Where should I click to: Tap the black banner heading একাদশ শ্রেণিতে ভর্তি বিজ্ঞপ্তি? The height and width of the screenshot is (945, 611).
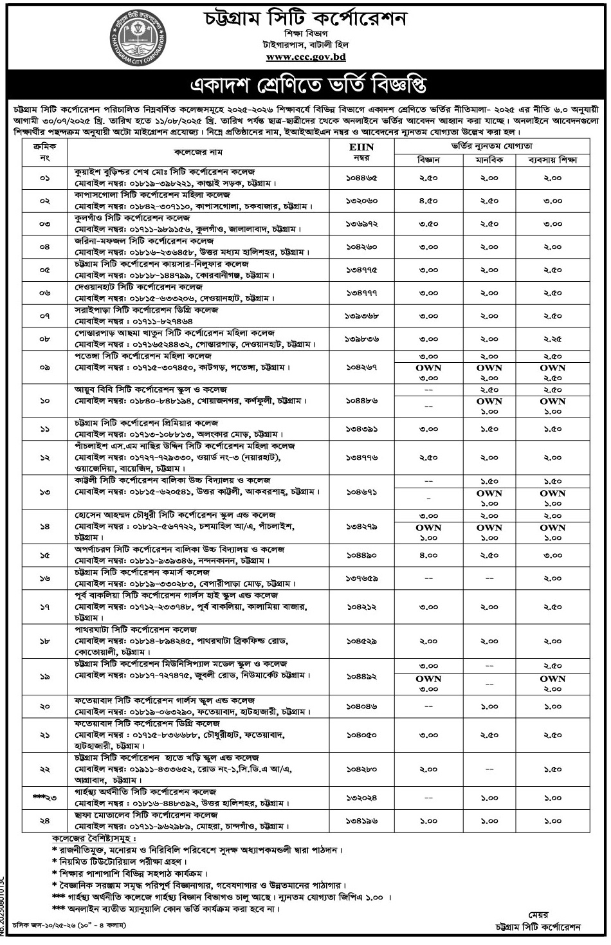click(305, 86)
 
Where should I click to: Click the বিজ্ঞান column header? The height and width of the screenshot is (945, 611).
click(428, 159)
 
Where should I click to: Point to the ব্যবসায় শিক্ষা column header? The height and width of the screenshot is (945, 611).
click(552, 159)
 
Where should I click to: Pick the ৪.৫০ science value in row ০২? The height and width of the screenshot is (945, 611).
click(428, 201)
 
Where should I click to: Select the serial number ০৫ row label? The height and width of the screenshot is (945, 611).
click(44, 270)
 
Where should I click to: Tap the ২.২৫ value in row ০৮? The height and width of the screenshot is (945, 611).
click(552, 339)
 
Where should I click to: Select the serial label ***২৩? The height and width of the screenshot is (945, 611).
click(44, 798)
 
